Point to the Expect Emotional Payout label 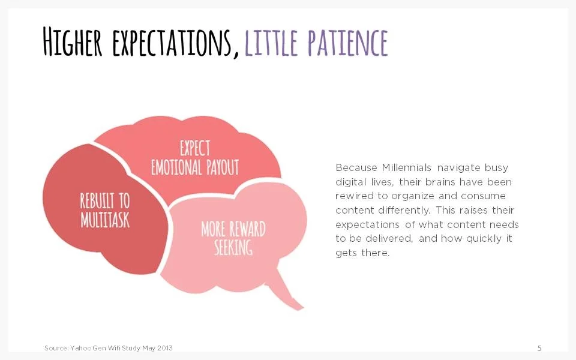click(x=194, y=158)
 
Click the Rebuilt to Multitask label click(x=105, y=210)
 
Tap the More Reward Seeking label click(x=233, y=238)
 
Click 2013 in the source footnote click(x=164, y=349)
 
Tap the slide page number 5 click(x=539, y=349)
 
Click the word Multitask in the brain click(x=105, y=220)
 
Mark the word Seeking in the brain click(x=233, y=247)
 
